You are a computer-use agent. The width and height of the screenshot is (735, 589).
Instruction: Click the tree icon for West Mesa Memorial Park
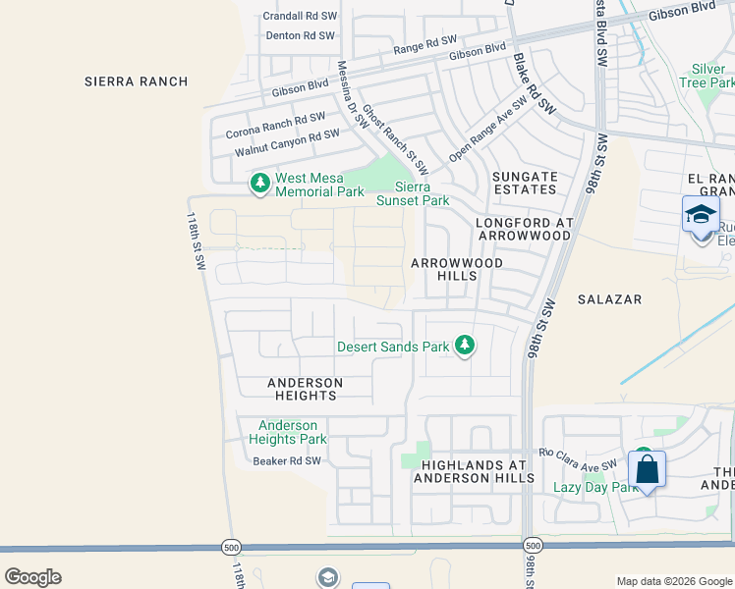pyautogui.click(x=260, y=182)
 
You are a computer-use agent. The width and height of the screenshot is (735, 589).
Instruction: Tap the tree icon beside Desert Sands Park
pyautogui.click(x=465, y=346)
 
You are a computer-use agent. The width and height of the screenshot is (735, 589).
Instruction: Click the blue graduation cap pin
pyautogui.click(x=701, y=215)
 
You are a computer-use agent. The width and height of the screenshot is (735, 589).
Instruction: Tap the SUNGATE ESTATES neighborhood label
pyautogui.click(x=525, y=184)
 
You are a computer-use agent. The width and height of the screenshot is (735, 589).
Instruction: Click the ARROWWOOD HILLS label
pyautogui.click(x=457, y=270)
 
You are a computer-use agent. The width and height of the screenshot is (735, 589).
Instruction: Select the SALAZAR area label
pyautogui.click(x=609, y=298)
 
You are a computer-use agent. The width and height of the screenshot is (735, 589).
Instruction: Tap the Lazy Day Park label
pyautogui.click(x=595, y=487)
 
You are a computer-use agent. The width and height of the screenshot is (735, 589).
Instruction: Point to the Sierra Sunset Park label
pyautogui.click(x=413, y=193)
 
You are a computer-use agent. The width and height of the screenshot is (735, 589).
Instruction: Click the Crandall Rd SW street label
pyautogui.click(x=301, y=16)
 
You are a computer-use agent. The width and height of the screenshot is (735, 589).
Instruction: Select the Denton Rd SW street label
pyautogui.click(x=301, y=35)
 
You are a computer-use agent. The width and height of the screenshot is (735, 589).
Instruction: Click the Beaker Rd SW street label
pyautogui.click(x=287, y=460)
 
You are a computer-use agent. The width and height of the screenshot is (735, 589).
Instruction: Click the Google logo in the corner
pyautogui.click(x=32, y=576)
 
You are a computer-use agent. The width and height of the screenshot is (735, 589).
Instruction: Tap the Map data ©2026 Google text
pyautogui.click(x=673, y=581)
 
